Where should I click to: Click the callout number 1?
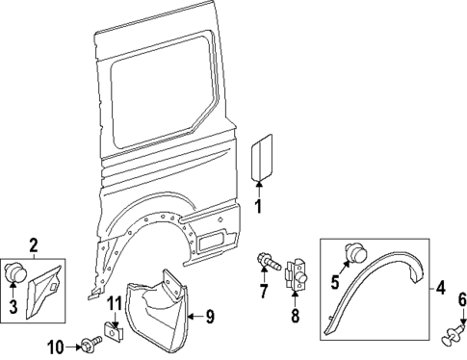(x=257, y=205)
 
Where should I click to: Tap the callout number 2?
(x=34, y=247)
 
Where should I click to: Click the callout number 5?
(x=335, y=283)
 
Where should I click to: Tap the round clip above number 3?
(x=16, y=274)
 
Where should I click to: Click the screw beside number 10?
(x=91, y=344)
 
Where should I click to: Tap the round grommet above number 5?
(x=357, y=254)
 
